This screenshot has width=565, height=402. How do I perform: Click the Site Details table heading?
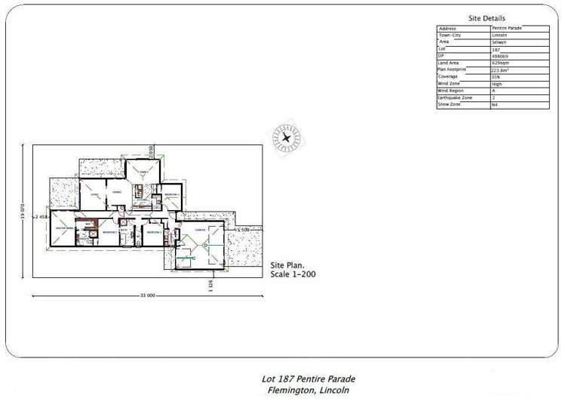click(487, 18)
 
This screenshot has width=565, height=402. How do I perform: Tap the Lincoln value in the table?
click(499, 35)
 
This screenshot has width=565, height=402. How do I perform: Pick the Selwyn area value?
click(499, 42)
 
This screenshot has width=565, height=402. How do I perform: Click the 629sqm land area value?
click(500, 63)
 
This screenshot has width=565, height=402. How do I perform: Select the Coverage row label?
click(448, 76)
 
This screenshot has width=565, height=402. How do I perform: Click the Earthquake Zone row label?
click(454, 97)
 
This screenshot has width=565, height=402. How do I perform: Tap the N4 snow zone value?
click(495, 105)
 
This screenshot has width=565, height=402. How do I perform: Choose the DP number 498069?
click(500, 56)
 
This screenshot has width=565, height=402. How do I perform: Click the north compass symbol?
click(287, 138)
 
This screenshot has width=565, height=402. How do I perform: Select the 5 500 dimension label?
click(243, 229)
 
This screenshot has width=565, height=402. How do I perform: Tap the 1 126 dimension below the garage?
click(212, 286)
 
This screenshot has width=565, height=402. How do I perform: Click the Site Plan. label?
click(287, 265)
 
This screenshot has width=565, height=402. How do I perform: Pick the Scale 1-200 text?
click(293, 274)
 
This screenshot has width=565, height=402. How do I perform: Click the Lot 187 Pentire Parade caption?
click(308, 379)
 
